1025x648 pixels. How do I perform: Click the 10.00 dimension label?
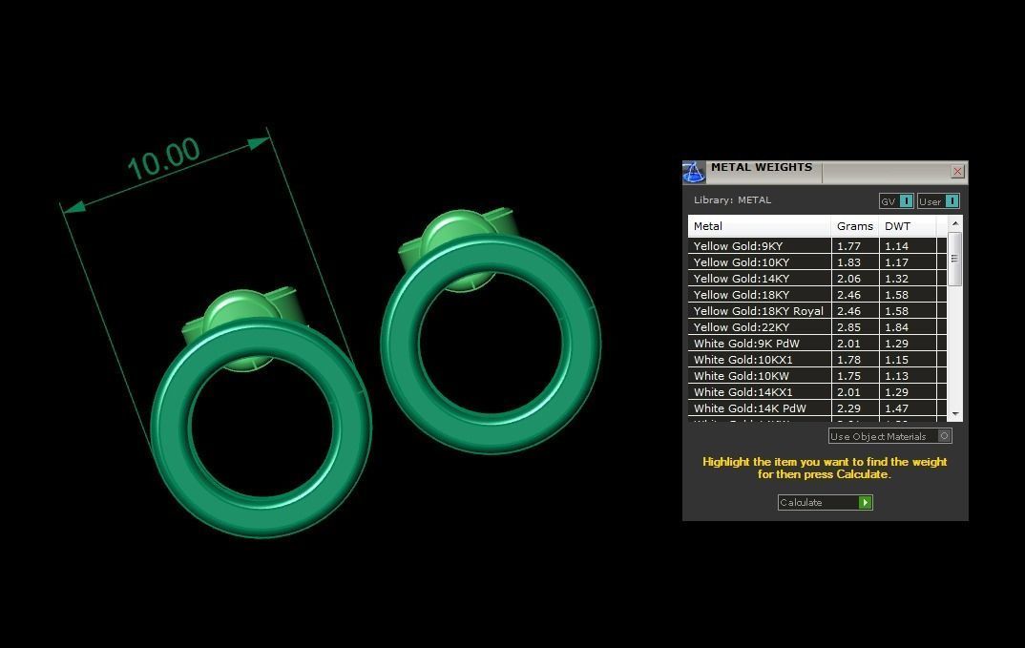click(x=163, y=159)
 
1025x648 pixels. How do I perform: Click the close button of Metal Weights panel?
click(x=957, y=172)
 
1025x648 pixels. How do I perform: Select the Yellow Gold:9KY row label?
click(x=738, y=246)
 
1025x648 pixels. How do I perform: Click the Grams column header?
click(x=854, y=226)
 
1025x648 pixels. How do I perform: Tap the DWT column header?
click(x=897, y=226)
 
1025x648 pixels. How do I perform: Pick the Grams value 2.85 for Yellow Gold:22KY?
click(x=848, y=327)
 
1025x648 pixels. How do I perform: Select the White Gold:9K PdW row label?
click(x=746, y=344)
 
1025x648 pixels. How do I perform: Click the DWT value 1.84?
click(x=896, y=327)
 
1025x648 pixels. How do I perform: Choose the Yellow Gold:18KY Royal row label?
click(x=758, y=311)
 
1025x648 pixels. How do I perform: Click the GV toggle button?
click(x=896, y=201)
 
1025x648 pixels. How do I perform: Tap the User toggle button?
click(x=938, y=201)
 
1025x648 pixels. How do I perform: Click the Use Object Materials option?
click(x=889, y=436)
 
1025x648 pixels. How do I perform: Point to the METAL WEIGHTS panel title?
click(x=761, y=168)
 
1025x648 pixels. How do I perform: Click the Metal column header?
click(x=708, y=226)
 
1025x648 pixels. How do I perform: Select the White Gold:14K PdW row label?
click(x=749, y=408)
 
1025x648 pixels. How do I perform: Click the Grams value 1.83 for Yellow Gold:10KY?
click(x=848, y=262)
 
